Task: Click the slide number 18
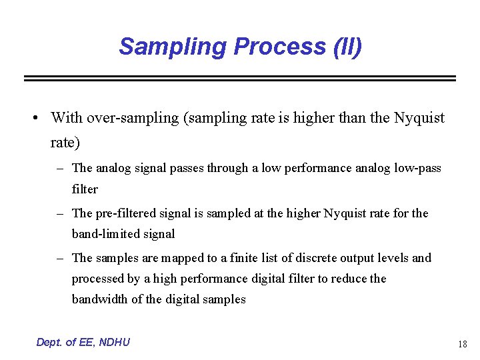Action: pyautogui.click(x=462, y=345)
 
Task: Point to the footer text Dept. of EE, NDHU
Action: pyautogui.click(x=83, y=342)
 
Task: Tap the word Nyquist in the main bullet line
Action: pyautogui.click(x=419, y=118)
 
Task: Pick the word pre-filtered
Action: pyautogui.click(x=123, y=213)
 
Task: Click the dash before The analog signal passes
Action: pyautogui.click(x=59, y=168)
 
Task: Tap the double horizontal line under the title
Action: pyautogui.click(x=240, y=78)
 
